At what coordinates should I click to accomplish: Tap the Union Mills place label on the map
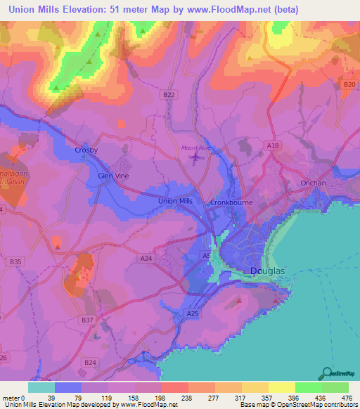click(176, 202)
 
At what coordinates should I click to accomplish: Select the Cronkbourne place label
click(231, 202)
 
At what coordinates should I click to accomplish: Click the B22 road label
click(168, 94)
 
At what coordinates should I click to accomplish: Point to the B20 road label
click(349, 84)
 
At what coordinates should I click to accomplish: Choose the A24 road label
click(147, 259)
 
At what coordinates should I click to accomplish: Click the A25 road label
click(193, 313)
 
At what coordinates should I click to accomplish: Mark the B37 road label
click(87, 320)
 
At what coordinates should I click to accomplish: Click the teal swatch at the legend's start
click(41, 387)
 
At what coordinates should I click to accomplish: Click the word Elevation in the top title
click(79, 10)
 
